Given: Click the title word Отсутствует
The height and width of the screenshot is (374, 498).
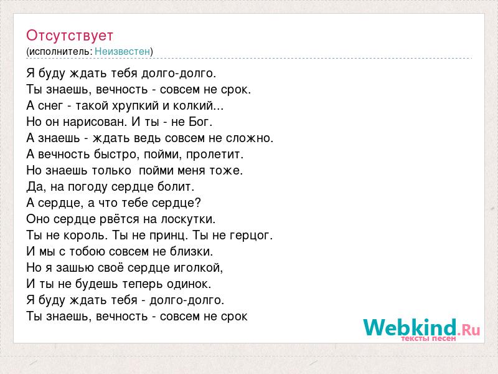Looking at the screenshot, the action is click(x=70, y=36).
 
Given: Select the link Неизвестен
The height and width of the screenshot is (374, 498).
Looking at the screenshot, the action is click(x=122, y=51).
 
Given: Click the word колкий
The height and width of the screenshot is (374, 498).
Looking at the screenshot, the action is click(x=193, y=105).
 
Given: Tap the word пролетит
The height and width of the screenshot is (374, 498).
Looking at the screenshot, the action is click(x=214, y=154).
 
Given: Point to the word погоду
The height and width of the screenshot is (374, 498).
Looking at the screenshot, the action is click(x=88, y=186).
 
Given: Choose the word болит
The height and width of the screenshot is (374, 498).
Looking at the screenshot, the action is click(x=174, y=186).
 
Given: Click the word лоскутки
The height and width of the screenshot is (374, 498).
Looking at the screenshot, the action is click(x=187, y=219).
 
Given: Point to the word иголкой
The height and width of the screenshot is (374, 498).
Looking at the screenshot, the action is click(x=197, y=268).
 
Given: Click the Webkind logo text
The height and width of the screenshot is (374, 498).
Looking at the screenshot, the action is click(x=421, y=327).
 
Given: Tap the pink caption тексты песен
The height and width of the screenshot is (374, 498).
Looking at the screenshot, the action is click(x=428, y=338).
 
